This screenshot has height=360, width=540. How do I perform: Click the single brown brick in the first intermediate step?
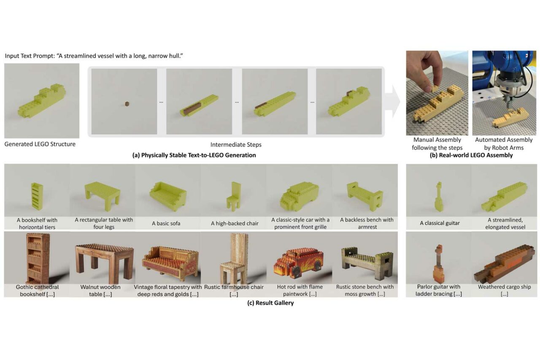(x=127, y=104)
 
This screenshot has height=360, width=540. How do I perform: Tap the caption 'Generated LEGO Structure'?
(x=40, y=144)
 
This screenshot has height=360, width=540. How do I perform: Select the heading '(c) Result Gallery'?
(x=270, y=303)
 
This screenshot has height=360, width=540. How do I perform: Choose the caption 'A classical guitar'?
(x=440, y=223)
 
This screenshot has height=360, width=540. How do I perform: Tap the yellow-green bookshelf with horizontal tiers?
(x=37, y=196)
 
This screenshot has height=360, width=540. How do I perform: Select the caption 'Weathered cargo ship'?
(x=504, y=287)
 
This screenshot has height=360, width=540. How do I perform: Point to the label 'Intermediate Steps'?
(x=236, y=145)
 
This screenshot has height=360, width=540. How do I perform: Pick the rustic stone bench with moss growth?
(x=367, y=263)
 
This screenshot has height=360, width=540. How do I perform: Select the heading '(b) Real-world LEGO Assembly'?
(x=471, y=155)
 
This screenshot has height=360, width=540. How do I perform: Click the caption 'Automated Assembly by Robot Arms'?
(x=504, y=144)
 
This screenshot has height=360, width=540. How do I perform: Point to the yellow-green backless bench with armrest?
(x=365, y=196)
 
